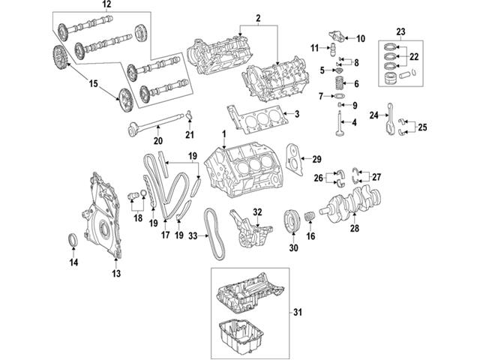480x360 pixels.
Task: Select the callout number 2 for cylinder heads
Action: tap(256, 16)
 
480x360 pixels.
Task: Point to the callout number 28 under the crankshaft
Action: tap(354, 229)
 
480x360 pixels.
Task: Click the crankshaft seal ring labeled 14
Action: tap(73, 239)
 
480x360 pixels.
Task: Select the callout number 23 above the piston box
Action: tap(400, 31)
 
